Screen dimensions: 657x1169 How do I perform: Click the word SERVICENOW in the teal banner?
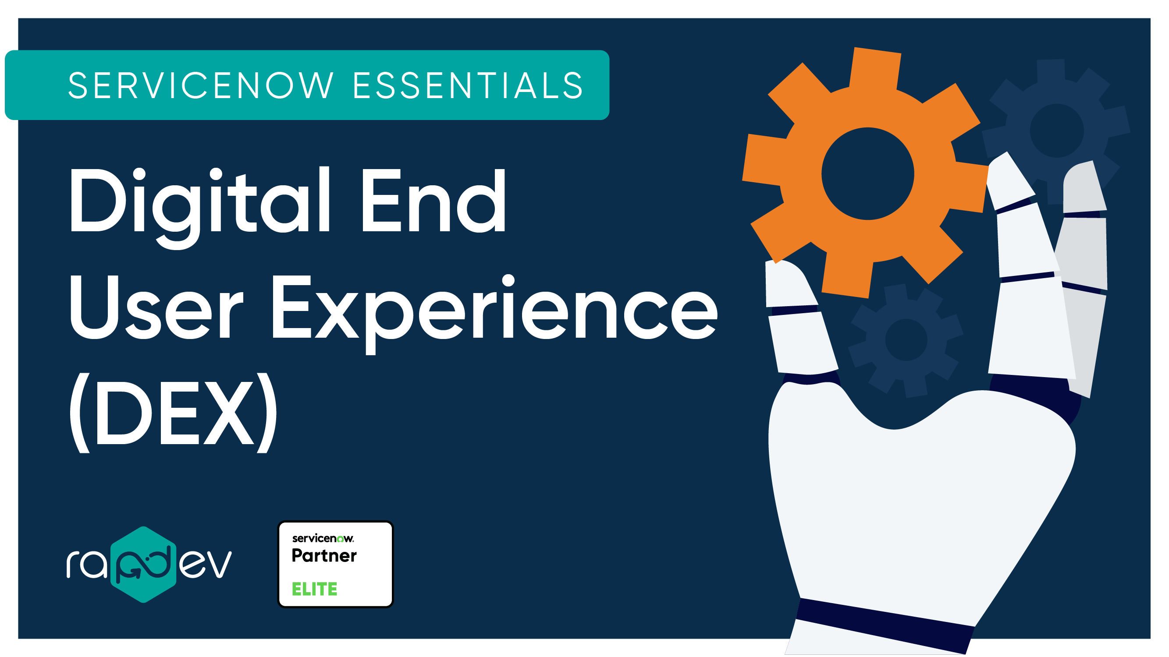click(x=201, y=85)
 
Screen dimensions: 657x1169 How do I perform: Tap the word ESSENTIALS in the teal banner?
click(x=467, y=85)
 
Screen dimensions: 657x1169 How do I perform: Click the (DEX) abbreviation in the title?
click(x=173, y=413)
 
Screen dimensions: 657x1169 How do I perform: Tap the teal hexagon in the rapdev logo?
click(x=143, y=565)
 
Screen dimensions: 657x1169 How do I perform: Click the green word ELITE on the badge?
click(x=314, y=589)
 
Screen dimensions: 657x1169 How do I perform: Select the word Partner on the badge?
click(x=324, y=556)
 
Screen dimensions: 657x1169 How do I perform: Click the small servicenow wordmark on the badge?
click(x=323, y=538)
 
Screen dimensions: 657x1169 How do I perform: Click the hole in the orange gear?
click(x=867, y=173)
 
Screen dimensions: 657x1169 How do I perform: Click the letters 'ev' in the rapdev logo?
click(x=205, y=565)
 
